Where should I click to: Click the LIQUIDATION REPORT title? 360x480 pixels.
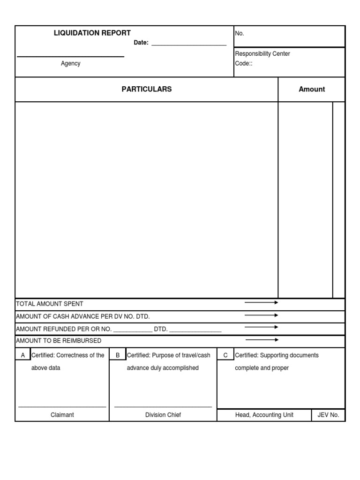(x=92, y=33)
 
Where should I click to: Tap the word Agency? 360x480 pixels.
(x=70, y=64)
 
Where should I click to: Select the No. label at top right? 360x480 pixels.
(x=240, y=34)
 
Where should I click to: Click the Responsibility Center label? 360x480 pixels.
(x=262, y=54)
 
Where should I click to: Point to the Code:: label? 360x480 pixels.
(x=244, y=64)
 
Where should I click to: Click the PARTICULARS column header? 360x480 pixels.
(x=147, y=89)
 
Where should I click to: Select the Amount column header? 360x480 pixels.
(x=312, y=89)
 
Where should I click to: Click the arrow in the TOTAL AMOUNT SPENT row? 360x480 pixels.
(x=261, y=303)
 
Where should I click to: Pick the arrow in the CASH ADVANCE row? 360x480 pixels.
(x=261, y=315)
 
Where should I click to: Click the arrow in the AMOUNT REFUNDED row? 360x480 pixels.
(x=261, y=327)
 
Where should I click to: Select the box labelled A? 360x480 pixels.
(x=23, y=355)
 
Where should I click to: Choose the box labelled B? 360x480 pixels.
(x=118, y=355)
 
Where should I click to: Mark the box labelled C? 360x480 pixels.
(x=225, y=355)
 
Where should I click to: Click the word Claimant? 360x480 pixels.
(x=62, y=415)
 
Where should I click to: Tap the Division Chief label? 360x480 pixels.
(x=163, y=415)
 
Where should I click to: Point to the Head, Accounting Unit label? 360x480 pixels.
(x=264, y=415)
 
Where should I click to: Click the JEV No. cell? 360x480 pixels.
(x=328, y=415)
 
